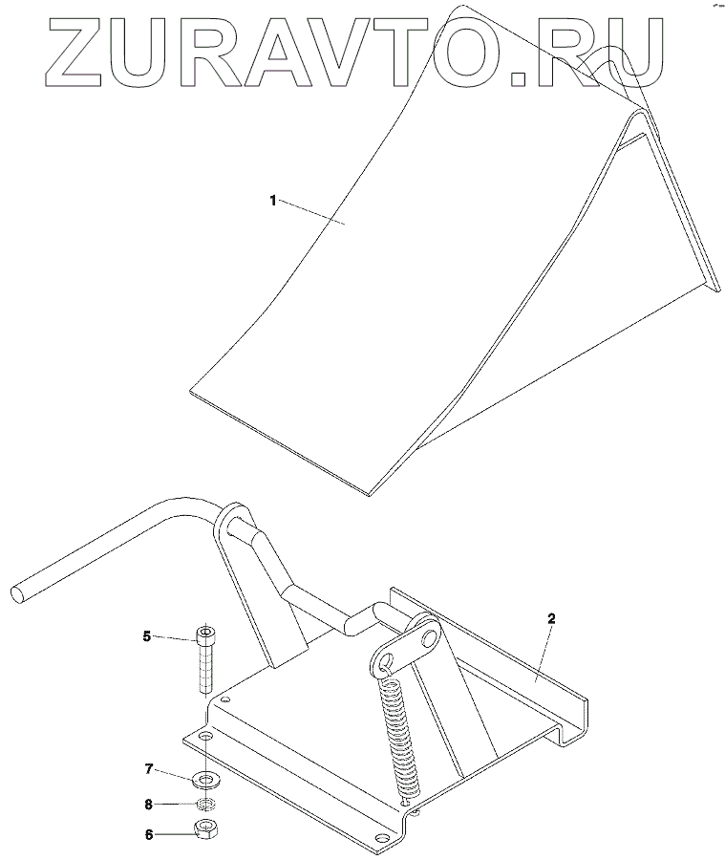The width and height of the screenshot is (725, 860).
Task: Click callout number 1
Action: pos(273,201)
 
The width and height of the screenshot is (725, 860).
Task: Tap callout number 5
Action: pos(147,635)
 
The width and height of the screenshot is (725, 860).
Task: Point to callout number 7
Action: pos(148,769)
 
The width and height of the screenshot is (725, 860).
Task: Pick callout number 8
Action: pos(148,805)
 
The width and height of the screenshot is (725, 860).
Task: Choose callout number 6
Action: pos(148,834)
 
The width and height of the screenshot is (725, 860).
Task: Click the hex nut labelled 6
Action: pos(205,828)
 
